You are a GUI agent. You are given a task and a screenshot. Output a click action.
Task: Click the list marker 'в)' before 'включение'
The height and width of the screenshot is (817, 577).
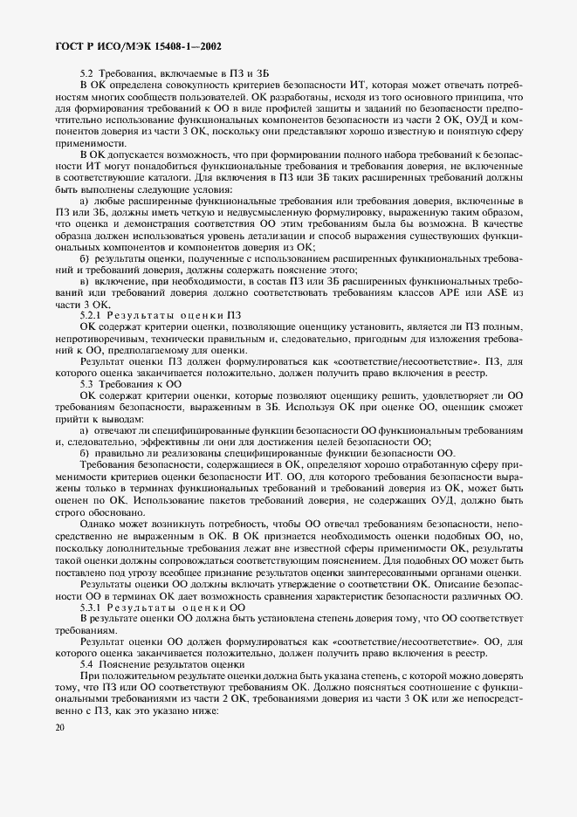[x=85, y=282]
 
